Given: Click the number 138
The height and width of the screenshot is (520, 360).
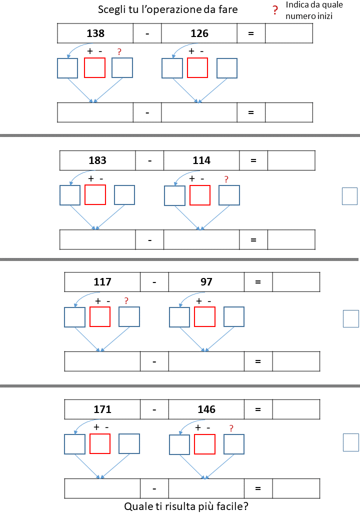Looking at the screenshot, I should [95, 33].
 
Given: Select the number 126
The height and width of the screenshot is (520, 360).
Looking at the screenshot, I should [199, 33].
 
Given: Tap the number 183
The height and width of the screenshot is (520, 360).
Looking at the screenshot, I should [97, 160].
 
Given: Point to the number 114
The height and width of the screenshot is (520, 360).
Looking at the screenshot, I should [201, 160].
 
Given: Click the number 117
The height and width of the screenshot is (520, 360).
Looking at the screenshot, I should [102, 282].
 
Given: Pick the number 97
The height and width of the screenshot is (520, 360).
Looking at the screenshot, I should [206, 282].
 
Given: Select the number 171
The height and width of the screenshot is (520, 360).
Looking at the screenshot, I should [102, 409].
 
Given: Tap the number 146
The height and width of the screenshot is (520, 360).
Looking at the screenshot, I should [206, 409].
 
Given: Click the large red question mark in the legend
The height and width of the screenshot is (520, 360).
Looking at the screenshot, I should [274, 11].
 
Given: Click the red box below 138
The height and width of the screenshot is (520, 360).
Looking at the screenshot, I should [94, 68].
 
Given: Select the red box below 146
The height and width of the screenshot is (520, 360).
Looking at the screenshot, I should [204, 444].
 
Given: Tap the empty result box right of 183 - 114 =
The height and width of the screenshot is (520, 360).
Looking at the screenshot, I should [291, 160].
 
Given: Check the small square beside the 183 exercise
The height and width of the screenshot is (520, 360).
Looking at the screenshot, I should [349, 196].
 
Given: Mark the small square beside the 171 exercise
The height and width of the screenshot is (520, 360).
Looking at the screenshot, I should [350, 442].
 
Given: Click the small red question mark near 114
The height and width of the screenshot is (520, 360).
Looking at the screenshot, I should [226, 179].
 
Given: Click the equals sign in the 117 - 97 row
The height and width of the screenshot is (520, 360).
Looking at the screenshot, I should [258, 282].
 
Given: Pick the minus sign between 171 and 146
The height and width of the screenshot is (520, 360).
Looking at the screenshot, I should [154, 409].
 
